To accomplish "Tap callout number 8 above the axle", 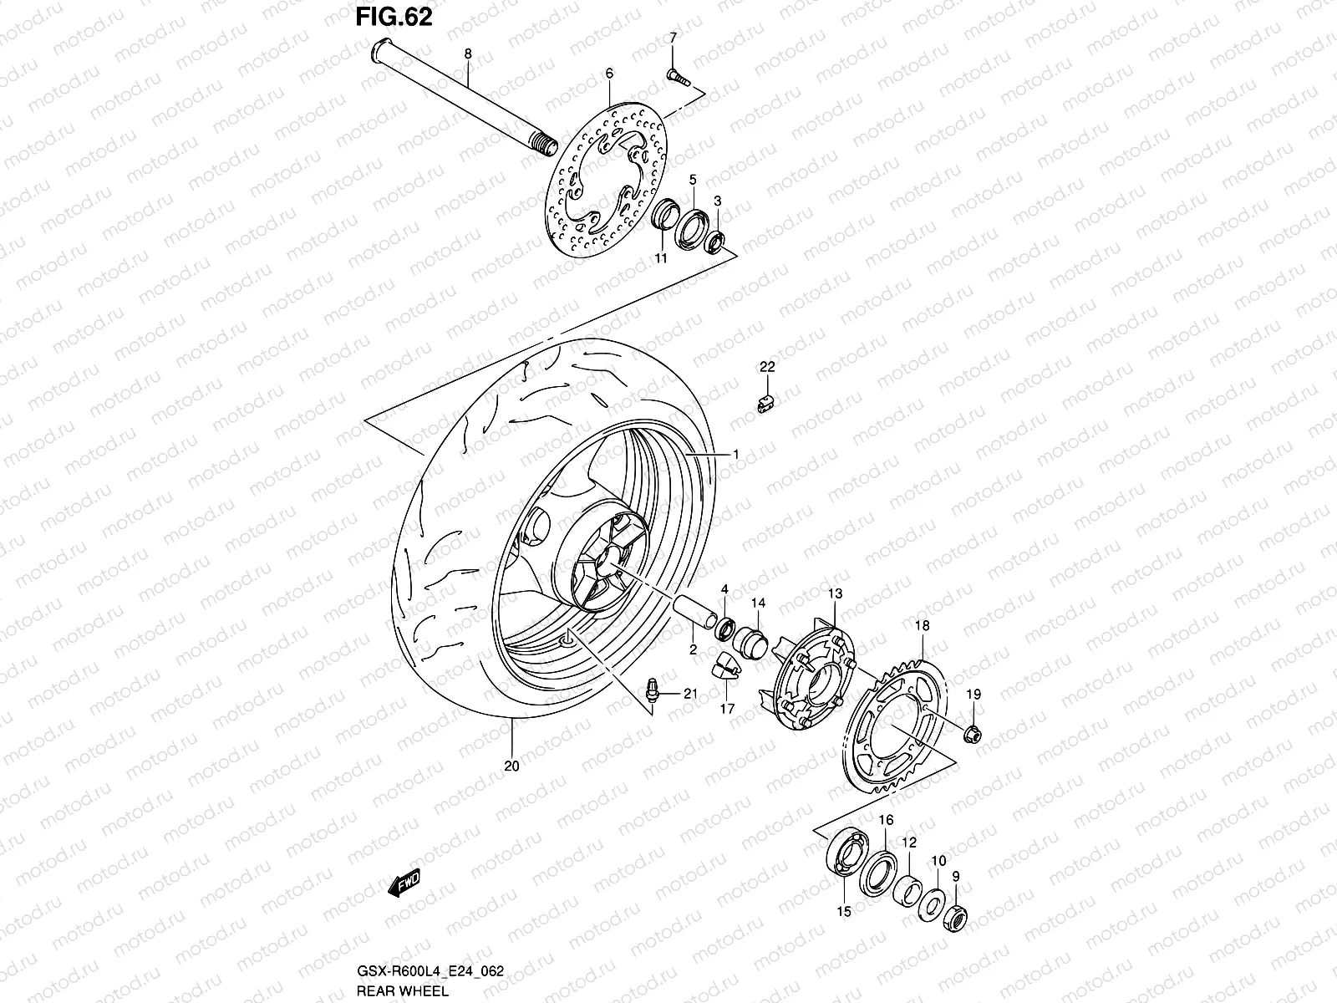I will (467, 53).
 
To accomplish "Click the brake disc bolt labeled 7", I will (676, 77).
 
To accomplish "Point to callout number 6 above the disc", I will (609, 74).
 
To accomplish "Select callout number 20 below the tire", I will (511, 765).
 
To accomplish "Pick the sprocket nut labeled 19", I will (972, 735).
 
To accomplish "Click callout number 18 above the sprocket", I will (922, 626).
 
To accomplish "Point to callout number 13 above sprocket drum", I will (835, 593).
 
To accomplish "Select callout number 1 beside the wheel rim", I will (736, 454).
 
